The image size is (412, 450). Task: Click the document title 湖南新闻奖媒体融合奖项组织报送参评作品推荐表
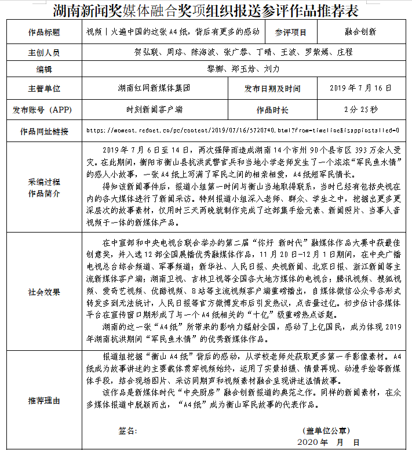206,10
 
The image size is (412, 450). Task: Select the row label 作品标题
44,32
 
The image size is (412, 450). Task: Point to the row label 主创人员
44,52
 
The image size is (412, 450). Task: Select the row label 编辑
44,69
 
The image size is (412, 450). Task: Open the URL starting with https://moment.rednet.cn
243,130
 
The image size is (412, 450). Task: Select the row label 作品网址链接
44,130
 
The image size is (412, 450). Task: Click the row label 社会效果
44,292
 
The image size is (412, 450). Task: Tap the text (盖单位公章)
326,431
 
